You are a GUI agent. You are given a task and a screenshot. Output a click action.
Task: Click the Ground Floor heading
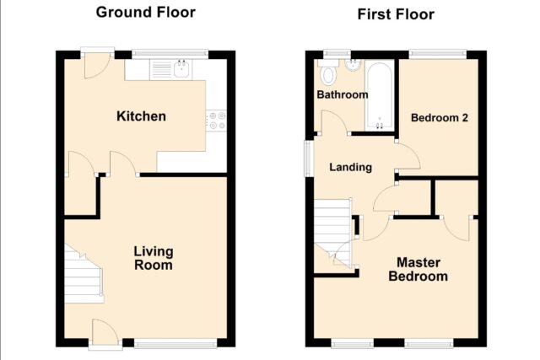pyautogui.click(x=146, y=13)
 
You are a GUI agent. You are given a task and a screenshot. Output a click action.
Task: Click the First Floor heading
pyautogui.click(x=396, y=14)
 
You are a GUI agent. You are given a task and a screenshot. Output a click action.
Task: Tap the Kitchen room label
pyautogui.click(x=141, y=116)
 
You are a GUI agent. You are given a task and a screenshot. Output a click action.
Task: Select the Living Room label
pyautogui.click(x=154, y=258)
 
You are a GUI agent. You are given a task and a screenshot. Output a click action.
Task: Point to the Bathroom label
pyautogui.click(x=343, y=94)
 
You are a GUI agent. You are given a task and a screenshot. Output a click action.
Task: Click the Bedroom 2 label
pyautogui.click(x=440, y=118)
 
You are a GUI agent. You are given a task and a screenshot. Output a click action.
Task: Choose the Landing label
pyautogui.click(x=351, y=167)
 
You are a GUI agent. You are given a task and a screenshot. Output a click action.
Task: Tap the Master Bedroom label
pyautogui.click(x=418, y=270)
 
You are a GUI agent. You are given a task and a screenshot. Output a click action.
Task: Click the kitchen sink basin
pyautogui.click(x=181, y=69)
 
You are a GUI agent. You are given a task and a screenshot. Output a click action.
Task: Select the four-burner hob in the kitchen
pyautogui.click(x=217, y=121)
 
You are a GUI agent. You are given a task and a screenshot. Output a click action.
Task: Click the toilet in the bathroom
pyautogui.click(x=328, y=73)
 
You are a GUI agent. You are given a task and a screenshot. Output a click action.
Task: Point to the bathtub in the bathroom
pyautogui.click(x=379, y=95)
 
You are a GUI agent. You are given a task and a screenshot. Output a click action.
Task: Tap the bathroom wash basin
pyautogui.click(x=353, y=66)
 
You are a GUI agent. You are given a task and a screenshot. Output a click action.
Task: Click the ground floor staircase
pyautogui.click(x=84, y=274)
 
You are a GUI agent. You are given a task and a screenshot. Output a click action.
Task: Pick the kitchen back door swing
pyautogui.click(x=97, y=66)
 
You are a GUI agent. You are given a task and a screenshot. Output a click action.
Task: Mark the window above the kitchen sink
pyautogui.click(x=170, y=53)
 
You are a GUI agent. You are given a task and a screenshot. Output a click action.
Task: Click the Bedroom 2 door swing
pyautogui.click(x=408, y=155)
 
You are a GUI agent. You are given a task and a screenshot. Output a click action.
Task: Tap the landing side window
pyautogui.click(x=307, y=159)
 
